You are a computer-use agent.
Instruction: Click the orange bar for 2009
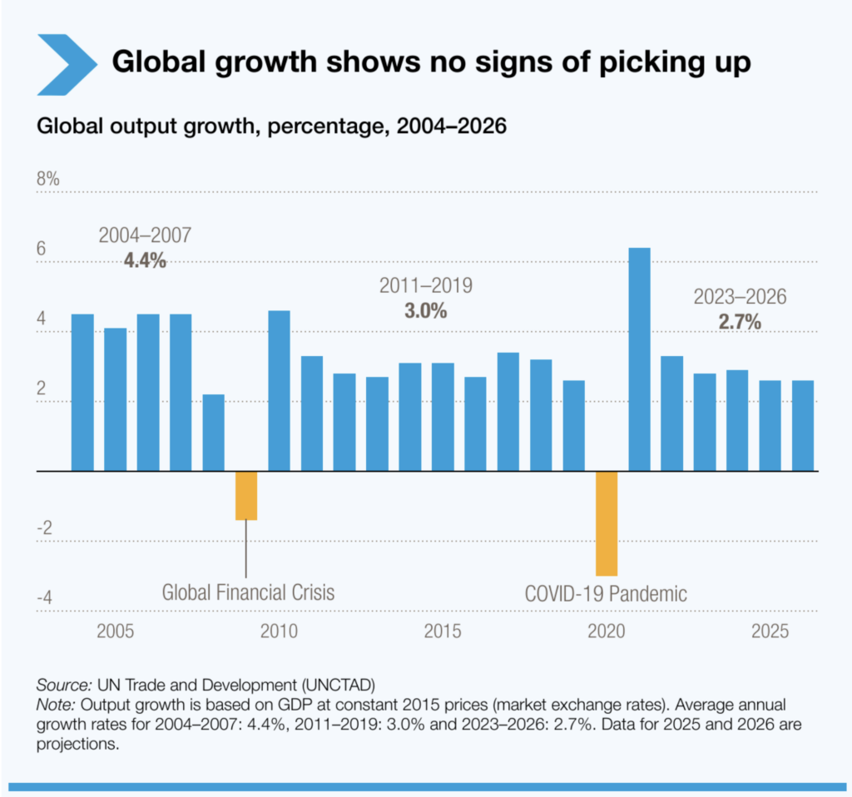(246, 496)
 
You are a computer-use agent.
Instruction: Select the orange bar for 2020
(607, 523)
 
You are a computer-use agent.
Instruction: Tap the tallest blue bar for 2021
(639, 359)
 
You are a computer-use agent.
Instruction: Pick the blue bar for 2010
(279, 391)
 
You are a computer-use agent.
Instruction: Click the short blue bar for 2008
(213, 433)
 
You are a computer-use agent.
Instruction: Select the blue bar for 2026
(802, 426)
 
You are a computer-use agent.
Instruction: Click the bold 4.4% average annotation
(145, 260)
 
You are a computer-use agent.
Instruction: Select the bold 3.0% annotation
(425, 311)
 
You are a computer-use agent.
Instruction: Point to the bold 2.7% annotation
(740, 322)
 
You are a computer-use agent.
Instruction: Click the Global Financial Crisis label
(248, 593)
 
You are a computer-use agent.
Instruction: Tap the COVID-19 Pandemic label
(606, 594)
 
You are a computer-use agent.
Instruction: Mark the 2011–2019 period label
(425, 286)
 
